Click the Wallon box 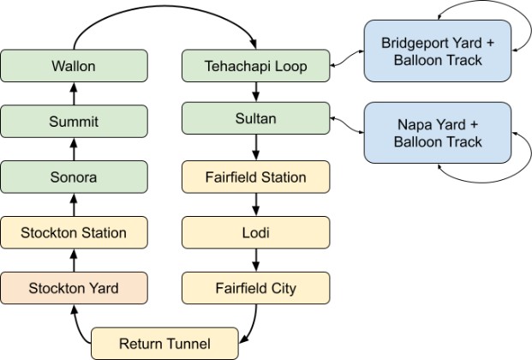coord(74,66)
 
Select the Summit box coord(74,121)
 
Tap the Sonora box coord(74,177)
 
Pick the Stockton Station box coord(74,232)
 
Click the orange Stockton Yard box coord(74,288)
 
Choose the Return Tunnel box coord(164,344)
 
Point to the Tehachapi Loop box coord(256,66)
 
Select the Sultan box coord(256,118)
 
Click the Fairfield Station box coord(256,177)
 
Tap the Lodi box coord(256,232)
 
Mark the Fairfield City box coord(256,288)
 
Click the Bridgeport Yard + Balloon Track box coord(438,51)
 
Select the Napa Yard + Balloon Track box coord(438,133)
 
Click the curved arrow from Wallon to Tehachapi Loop coord(164,7)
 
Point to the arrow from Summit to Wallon coord(74,93)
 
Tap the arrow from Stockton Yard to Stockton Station coord(74,261)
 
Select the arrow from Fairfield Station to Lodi coord(256,205)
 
